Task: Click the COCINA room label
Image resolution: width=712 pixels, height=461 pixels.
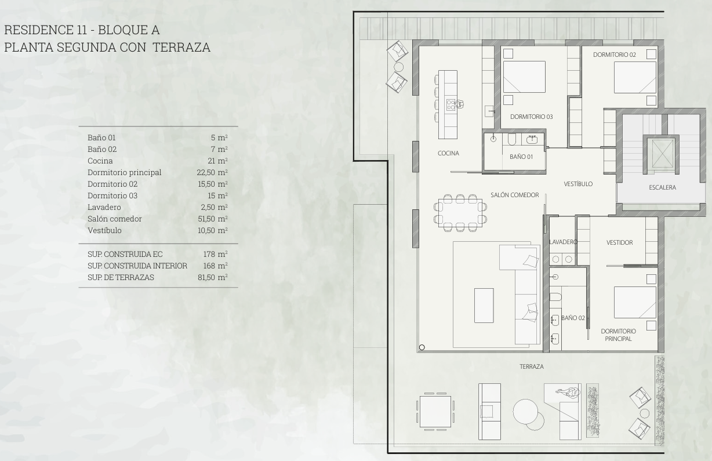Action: tap(448, 153)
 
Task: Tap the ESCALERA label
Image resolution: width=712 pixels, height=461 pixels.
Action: tap(662, 187)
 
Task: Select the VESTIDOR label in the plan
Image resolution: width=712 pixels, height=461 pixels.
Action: tap(619, 242)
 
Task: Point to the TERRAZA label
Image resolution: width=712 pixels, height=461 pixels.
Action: tap(532, 366)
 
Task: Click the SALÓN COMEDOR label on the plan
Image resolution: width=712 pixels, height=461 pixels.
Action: tap(515, 195)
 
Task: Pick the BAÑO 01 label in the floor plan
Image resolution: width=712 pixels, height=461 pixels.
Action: tap(521, 157)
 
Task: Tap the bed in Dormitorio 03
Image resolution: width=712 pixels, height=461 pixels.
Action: tap(524, 77)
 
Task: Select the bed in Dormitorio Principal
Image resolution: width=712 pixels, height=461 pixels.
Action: tap(635, 302)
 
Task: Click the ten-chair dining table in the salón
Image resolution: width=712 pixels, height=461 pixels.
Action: tap(460, 213)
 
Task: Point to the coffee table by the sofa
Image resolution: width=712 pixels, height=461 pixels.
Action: tap(484, 306)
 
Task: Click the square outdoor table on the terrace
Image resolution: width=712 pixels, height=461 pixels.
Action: tap(435, 412)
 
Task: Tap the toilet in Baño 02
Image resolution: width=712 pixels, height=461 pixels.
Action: tap(555, 297)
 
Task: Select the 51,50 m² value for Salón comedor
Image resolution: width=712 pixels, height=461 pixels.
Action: tap(213, 219)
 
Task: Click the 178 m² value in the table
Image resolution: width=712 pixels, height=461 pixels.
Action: tap(215, 254)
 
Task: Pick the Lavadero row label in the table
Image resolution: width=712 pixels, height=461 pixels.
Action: tap(104, 207)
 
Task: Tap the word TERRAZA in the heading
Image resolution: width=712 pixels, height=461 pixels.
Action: tap(181, 48)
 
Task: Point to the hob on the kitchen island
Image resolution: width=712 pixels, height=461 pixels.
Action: tap(451, 104)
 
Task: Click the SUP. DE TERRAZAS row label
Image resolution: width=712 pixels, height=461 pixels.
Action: tap(121, 277)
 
